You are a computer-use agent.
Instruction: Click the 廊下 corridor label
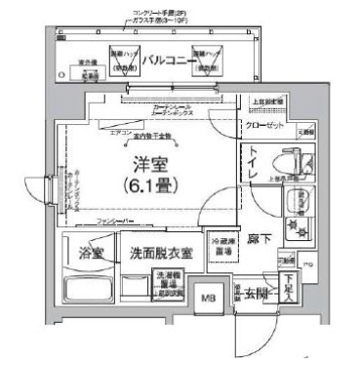tap(259, 238)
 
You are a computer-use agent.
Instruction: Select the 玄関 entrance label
tap(259, 294)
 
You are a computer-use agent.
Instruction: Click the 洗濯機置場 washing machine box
tap(170, 283)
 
